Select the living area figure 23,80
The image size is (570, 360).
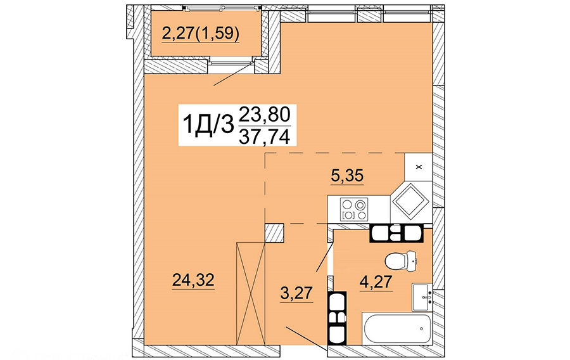point(264,115)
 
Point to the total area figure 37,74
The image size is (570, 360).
point(264,137)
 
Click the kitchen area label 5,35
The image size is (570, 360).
point(347,176)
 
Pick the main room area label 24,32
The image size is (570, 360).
point(193,280)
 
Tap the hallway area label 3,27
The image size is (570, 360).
point(296,293)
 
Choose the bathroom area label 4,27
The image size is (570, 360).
point(376,281)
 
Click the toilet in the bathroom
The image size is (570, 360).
point(400,260)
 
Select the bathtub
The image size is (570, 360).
point(396,328)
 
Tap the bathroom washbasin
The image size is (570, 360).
point(422,297)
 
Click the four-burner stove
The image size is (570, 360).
point(353,209)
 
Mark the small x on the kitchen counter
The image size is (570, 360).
point(419,167)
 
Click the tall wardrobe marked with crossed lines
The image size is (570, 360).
point(251,293)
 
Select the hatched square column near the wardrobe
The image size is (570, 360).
point(274,233)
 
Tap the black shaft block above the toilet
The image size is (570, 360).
point(396,233)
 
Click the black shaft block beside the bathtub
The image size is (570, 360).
point(337,318)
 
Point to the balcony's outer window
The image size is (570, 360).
point(223,7)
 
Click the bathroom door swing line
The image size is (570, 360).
point(325,257)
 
